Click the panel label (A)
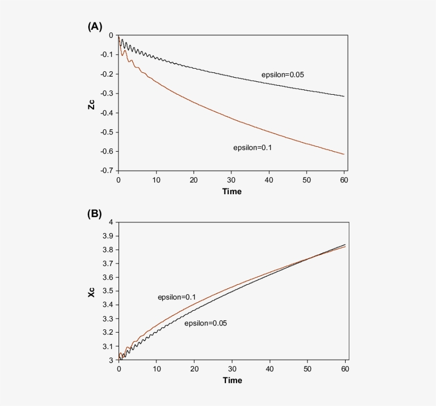click(95, 27)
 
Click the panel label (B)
click(95, 214)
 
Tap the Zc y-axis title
click(92, 103)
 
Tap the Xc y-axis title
click(92, 291)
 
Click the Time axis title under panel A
click(232, 191)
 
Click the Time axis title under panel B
click(232, 380)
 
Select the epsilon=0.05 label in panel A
click(282, 75)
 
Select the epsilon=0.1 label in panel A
click(252, 148)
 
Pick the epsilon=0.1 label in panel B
click(177, 297)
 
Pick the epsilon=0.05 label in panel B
click(205, 323)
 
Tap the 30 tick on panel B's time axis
click(232, 369)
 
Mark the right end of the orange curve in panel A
click(345, 154)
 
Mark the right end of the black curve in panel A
click(345, 96)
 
